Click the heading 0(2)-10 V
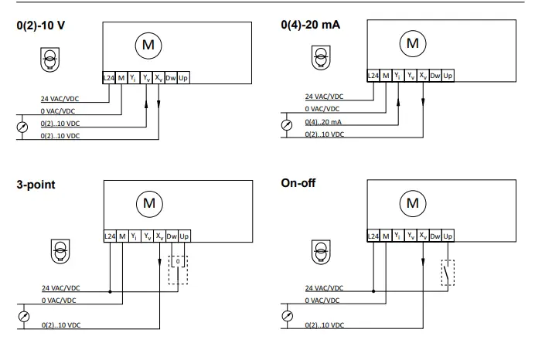tap(41, 25)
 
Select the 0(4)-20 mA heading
tap(311, 25)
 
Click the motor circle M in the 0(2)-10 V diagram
tap(146, 46)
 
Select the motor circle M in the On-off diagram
tap(412, 203)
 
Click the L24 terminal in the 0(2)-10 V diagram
tap(109, 77)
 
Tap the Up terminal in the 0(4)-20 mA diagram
tap(448, 76)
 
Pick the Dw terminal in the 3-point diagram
tap(171, 236)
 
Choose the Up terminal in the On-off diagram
tap(448, 235)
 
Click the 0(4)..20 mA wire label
tap(323, 123)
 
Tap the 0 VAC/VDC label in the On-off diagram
tap(324, 300)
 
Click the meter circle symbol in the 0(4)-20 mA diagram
tap(287, 124)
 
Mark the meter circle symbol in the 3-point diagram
tap(22, 317)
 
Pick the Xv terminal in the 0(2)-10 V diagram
tap(158, 77)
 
